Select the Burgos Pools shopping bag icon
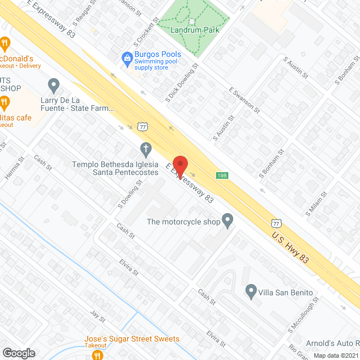(128, 57)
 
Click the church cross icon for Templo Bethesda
(146, 150)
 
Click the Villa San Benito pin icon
(251, 291)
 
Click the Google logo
(19, 353)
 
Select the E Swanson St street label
(244, 100)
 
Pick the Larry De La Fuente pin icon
(54, 85)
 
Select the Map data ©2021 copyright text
(336, 355)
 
